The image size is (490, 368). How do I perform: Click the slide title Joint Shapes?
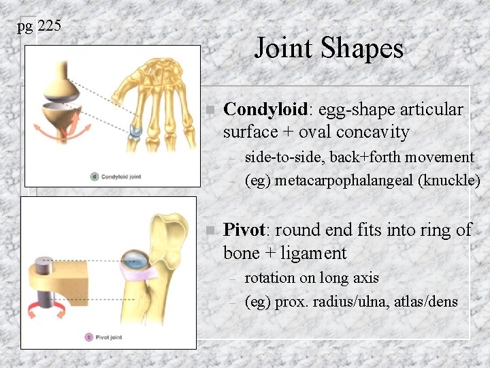pyautogui.click(x=329, y=48)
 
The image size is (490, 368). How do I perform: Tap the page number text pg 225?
pyautogui.click(x=39, y=27)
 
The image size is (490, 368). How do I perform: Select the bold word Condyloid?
pyautogui.click(x=265, y=110)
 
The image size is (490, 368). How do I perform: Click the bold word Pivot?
pyautogui.click(x=244, y=230)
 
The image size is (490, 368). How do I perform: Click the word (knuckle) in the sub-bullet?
pyautogui.click(x=449, y=181)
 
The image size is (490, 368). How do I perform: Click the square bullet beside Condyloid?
pyautogui.click(x=210, y=110)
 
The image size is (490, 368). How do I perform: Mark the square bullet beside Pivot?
pyautogui.click(x=210, y=230)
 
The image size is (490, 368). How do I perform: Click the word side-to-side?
pyautogui.click(x=285, y=157)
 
